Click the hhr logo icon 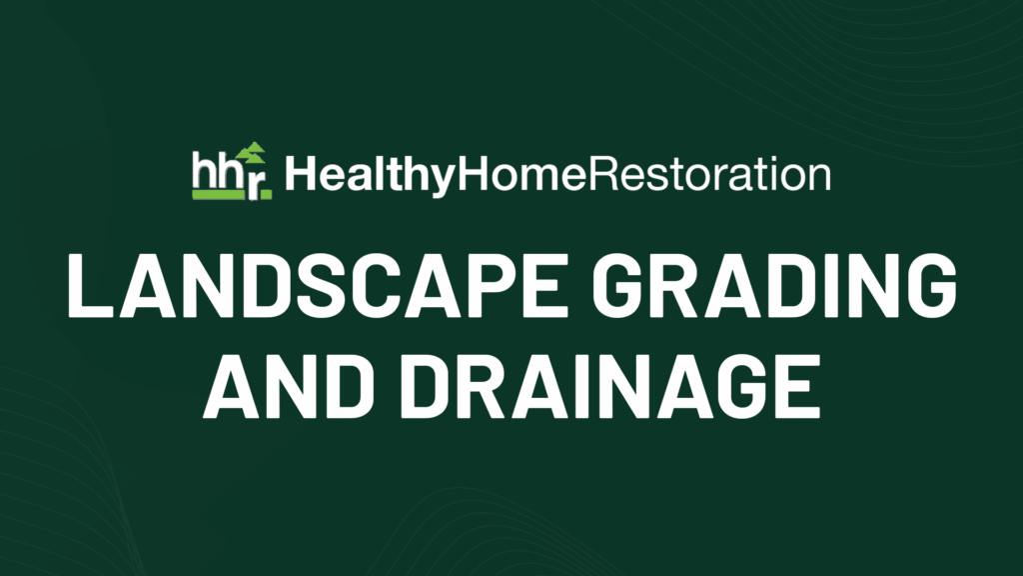232,171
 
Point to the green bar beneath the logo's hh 217,195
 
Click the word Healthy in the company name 370,176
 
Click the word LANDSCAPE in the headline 318,285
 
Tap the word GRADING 774,285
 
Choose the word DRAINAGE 610,386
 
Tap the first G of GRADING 621,285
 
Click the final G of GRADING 928,285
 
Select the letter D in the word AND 348,386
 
